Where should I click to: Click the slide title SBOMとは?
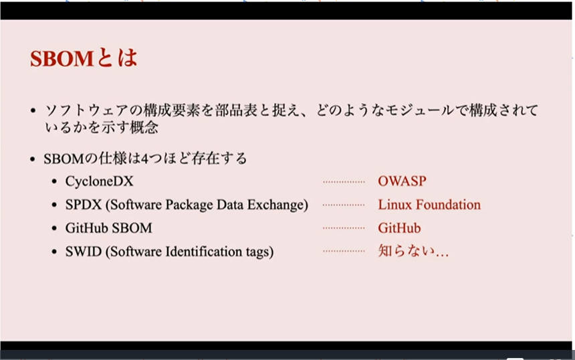(x=84, y=58)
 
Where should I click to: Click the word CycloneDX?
(x=100, y=181)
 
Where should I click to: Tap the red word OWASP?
(x=402, y=181)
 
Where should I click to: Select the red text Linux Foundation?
(x=429, y=205)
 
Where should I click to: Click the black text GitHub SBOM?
(x=108, y=228)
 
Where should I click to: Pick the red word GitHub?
(x=399, y=228)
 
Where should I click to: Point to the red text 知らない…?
(x=413, y=251)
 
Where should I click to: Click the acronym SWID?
(x=84, y=252)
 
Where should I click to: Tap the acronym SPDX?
(x=84, y=205)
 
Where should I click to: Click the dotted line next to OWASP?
(x=344, y=181)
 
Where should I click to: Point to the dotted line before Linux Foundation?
(x=344, y=205)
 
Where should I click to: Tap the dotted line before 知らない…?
(x=344, y=252)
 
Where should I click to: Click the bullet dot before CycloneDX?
(x=54, y=181)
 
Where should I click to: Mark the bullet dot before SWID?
(x=54, y=252)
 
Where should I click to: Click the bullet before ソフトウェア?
(x=33, y=110)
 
